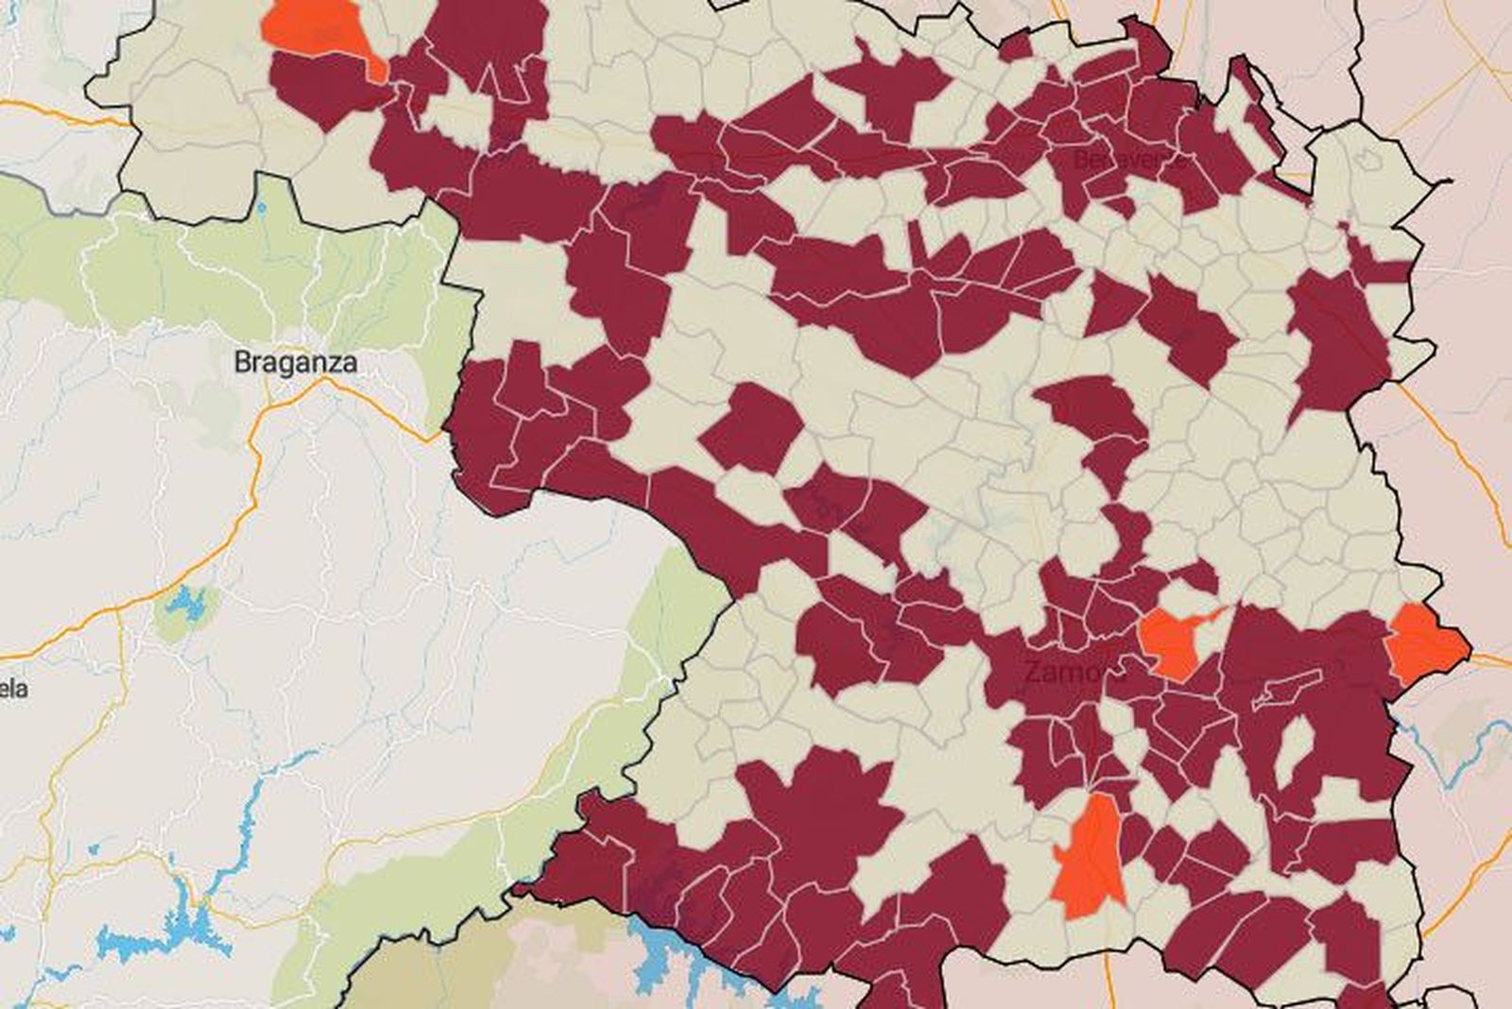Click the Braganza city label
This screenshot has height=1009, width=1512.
coord(295,362)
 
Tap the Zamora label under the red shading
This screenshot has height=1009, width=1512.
coord(1075,673)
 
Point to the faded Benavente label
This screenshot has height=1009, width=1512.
coord(1126,161)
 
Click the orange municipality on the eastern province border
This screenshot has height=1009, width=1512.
coord(1425,642)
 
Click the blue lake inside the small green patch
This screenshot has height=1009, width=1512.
coord(189,605)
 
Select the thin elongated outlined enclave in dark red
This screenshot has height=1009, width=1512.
coord(1285,690)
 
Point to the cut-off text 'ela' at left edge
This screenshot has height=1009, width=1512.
coord(13,688)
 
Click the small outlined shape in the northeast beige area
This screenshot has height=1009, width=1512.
coord(1365,162)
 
